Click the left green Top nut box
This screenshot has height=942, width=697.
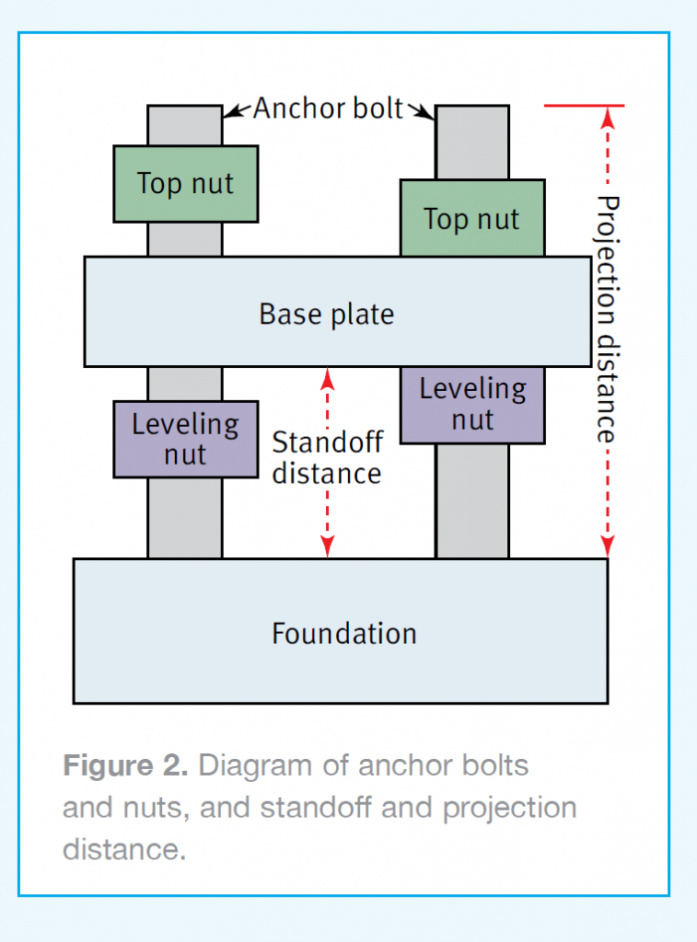point(186,184)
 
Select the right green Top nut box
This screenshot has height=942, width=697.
point(472,218)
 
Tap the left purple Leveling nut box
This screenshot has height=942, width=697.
point(186,440)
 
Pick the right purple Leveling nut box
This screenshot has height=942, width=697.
point(472,405)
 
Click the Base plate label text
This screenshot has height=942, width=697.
point(327,315)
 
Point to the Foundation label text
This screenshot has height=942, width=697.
point(344,634)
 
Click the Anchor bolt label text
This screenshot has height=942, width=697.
point(328,109)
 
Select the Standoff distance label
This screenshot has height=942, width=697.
point(327,458)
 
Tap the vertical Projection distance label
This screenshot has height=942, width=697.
point(608,319)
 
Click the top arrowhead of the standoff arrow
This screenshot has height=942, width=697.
point(327,377)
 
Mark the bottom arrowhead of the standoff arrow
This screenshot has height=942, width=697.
point(327,546)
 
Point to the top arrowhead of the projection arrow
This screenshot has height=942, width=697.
point(608,117)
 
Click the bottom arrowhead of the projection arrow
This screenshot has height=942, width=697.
point(608,546)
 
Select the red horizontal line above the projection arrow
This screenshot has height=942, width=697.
point(584,106)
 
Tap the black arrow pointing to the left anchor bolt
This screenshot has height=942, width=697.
point(238,111)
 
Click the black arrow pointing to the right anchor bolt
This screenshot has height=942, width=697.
point(421,111)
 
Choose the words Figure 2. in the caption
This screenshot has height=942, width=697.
point(126,765)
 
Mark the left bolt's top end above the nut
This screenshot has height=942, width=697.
point(185,125)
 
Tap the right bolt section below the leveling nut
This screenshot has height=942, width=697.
point(472,501)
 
